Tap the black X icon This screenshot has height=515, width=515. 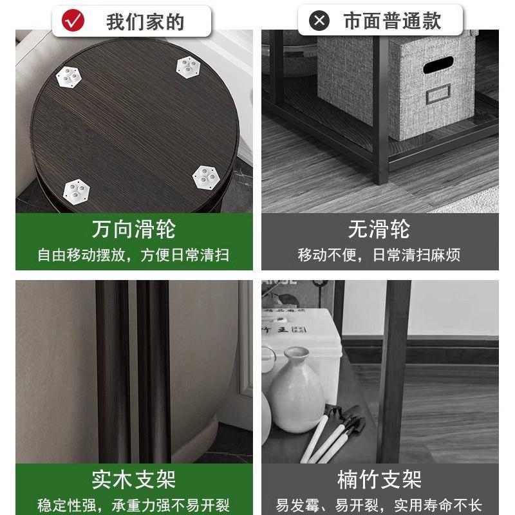click(x=319, y=21)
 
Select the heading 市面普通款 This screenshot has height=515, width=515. click(x=392, y=21)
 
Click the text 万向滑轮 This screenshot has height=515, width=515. click(x=133, y=229)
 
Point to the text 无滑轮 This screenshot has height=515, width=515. click(x=379, y=229)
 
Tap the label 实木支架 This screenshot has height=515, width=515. click(x=133, y=480)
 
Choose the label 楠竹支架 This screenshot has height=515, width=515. click(x=379, y=480)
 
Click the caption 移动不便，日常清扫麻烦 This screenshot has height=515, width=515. click(x=379, y=255)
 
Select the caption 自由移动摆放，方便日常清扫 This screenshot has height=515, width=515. click(x=133, y=255)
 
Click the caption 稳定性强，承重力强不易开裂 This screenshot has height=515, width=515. click(x=133, y=505)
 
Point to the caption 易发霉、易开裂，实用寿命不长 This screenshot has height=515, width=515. click(x=379, y=505)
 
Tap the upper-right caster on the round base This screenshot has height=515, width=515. click(x=187, y=64)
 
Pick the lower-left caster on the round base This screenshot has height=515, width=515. click(x=76, y=188)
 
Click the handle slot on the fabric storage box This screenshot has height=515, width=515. click(x=437, y=65)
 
